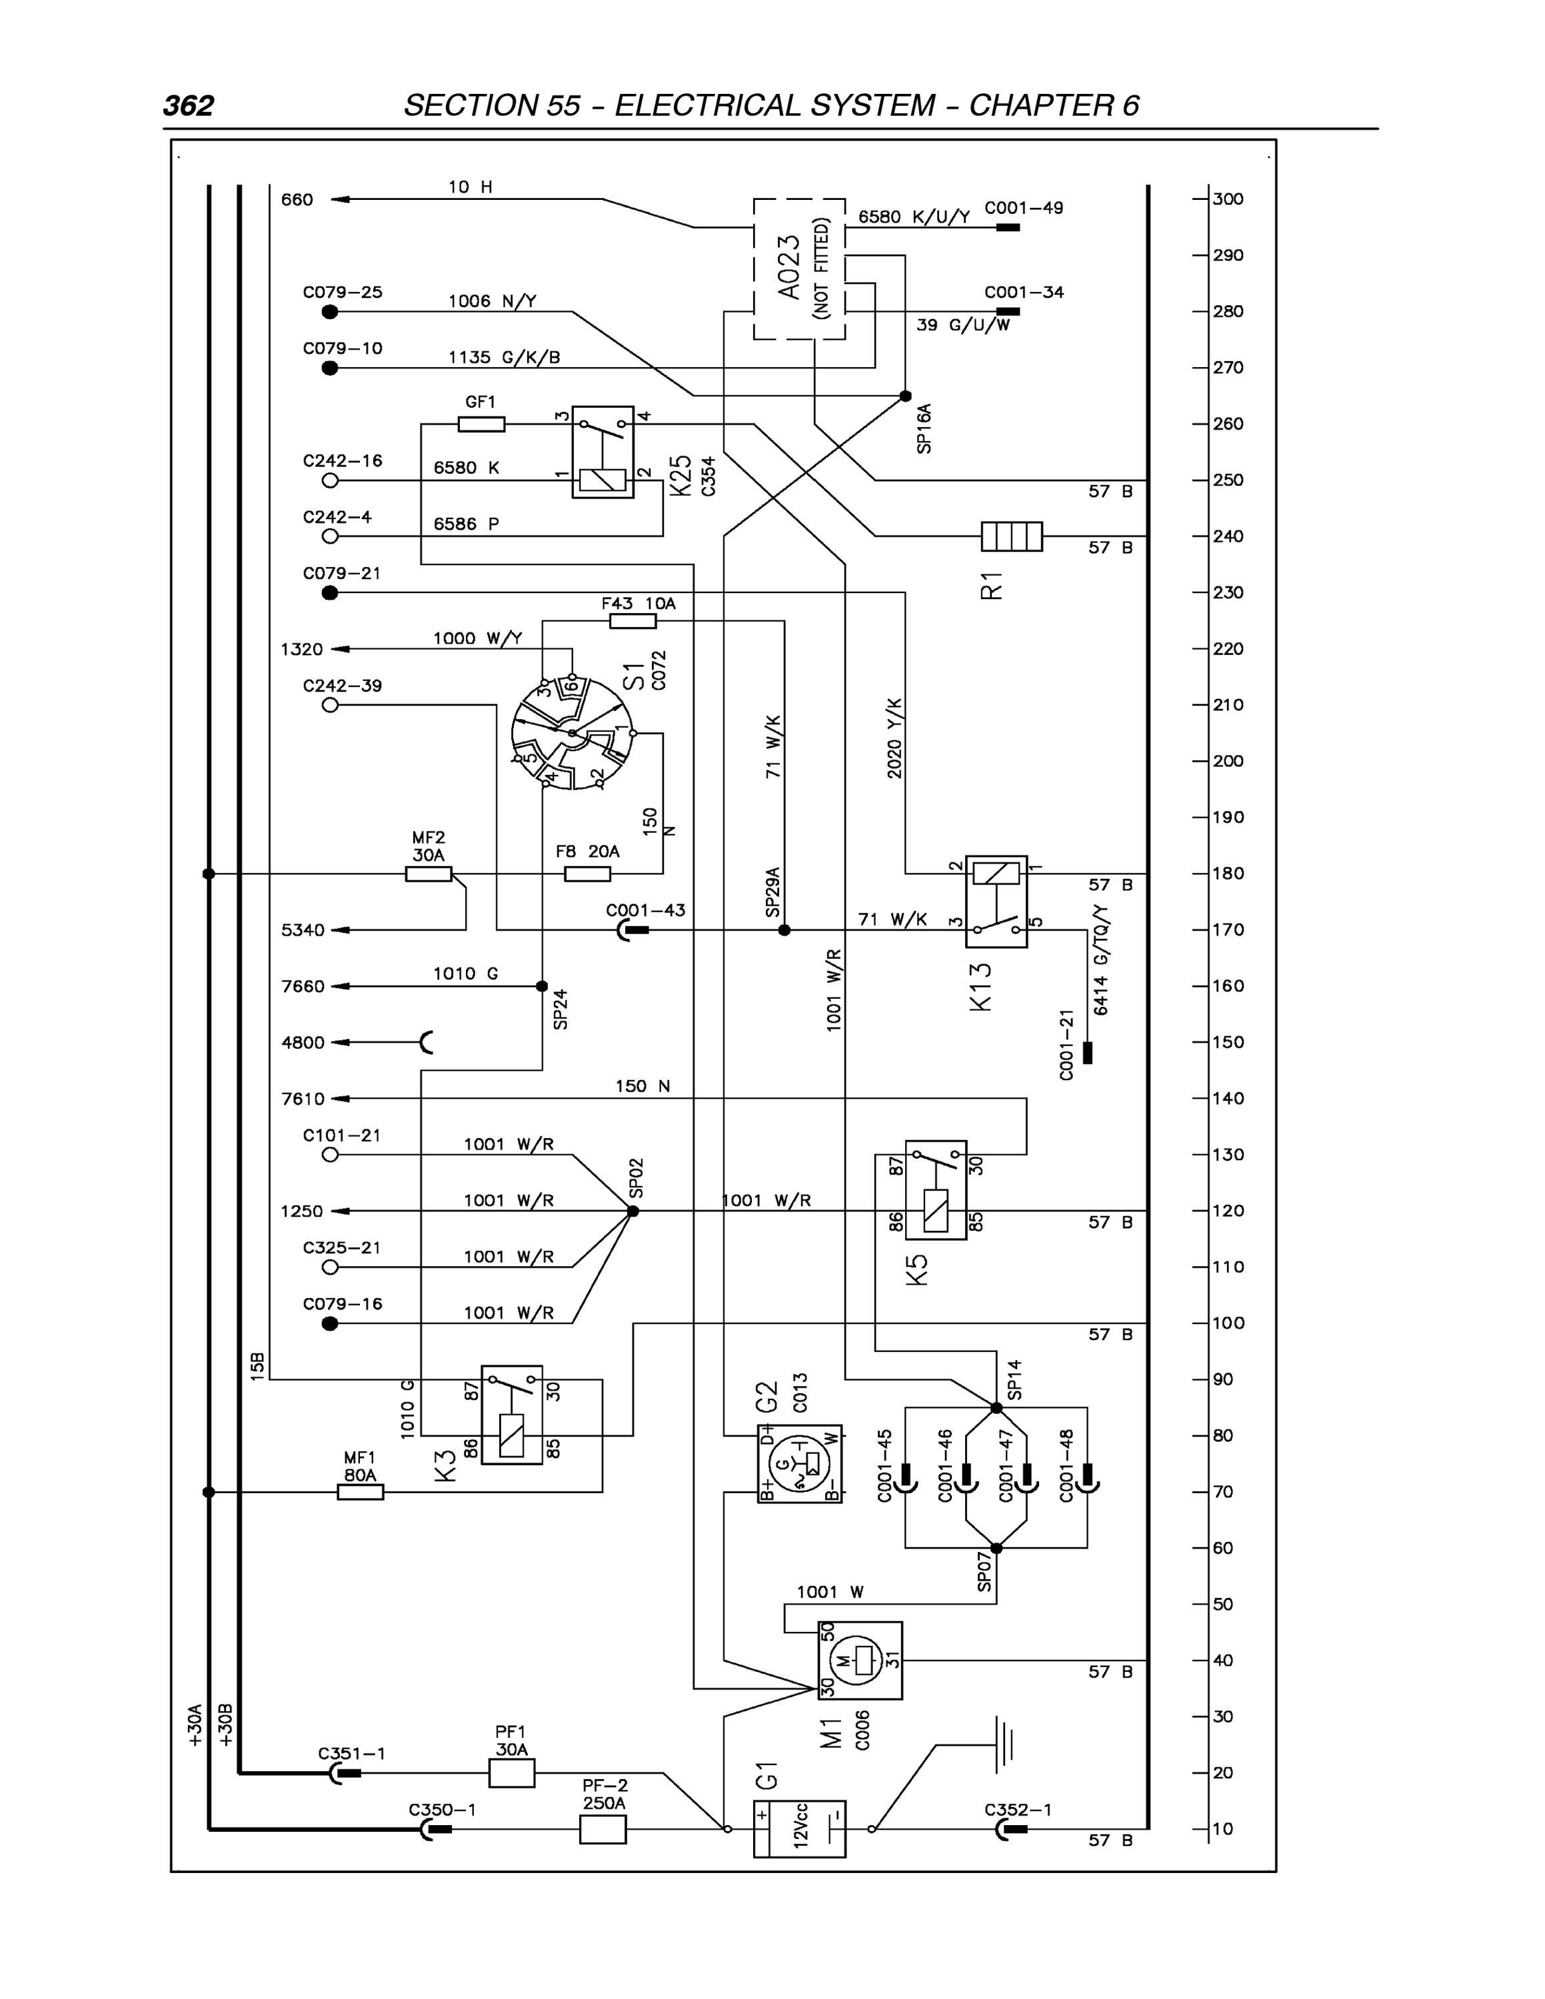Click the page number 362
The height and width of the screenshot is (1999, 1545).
click(189, 106)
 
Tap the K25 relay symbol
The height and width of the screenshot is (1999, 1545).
click(603, 452)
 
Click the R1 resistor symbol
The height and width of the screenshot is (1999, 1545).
click(1011, 536)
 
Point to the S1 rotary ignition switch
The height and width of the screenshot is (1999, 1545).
click(572, 733)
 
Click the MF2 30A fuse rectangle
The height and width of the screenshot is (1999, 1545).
click(429, 874)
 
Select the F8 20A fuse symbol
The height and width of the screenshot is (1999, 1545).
click(588, 874)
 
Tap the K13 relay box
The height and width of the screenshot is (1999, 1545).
click(996, 902)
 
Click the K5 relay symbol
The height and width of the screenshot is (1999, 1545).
click(935, 1190)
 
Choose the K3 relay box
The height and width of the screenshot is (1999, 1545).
click(512, 1415)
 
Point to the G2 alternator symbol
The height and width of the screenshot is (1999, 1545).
click(799, 1465)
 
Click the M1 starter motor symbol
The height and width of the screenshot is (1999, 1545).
click(859, 1661)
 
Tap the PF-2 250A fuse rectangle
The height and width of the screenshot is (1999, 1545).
click(603, 1830)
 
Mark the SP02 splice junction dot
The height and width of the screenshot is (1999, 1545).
click(633, 1211)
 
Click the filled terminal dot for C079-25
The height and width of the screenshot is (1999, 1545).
click(331, 312)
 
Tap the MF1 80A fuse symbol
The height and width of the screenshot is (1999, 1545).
click(361, 1493)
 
